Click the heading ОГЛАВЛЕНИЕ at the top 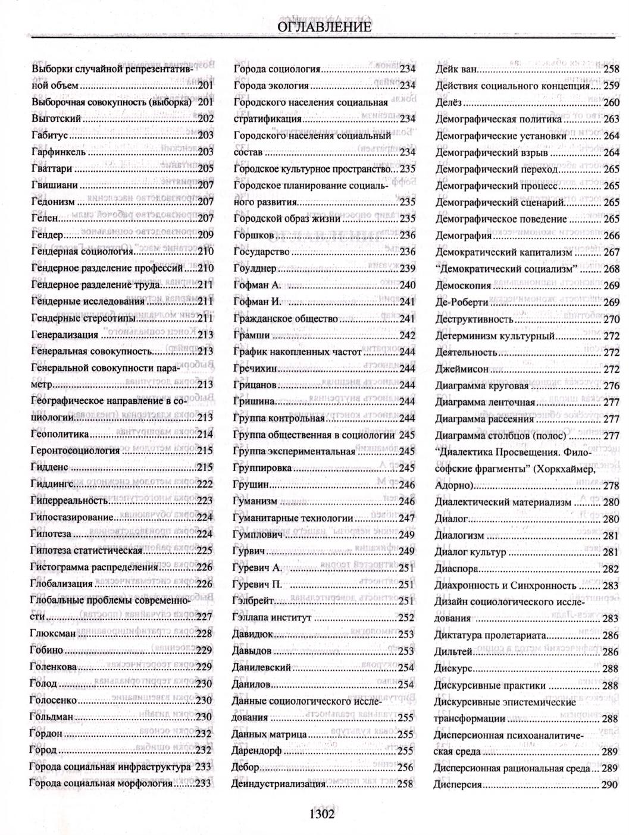324,27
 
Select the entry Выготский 56,118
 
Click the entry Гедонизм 54,202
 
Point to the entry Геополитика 60,434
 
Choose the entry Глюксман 53,633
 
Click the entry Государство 261,252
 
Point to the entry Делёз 449,102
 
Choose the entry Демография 464,236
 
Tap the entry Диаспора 457,569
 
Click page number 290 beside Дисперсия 610,784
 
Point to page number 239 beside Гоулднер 407,268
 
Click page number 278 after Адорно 610,485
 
